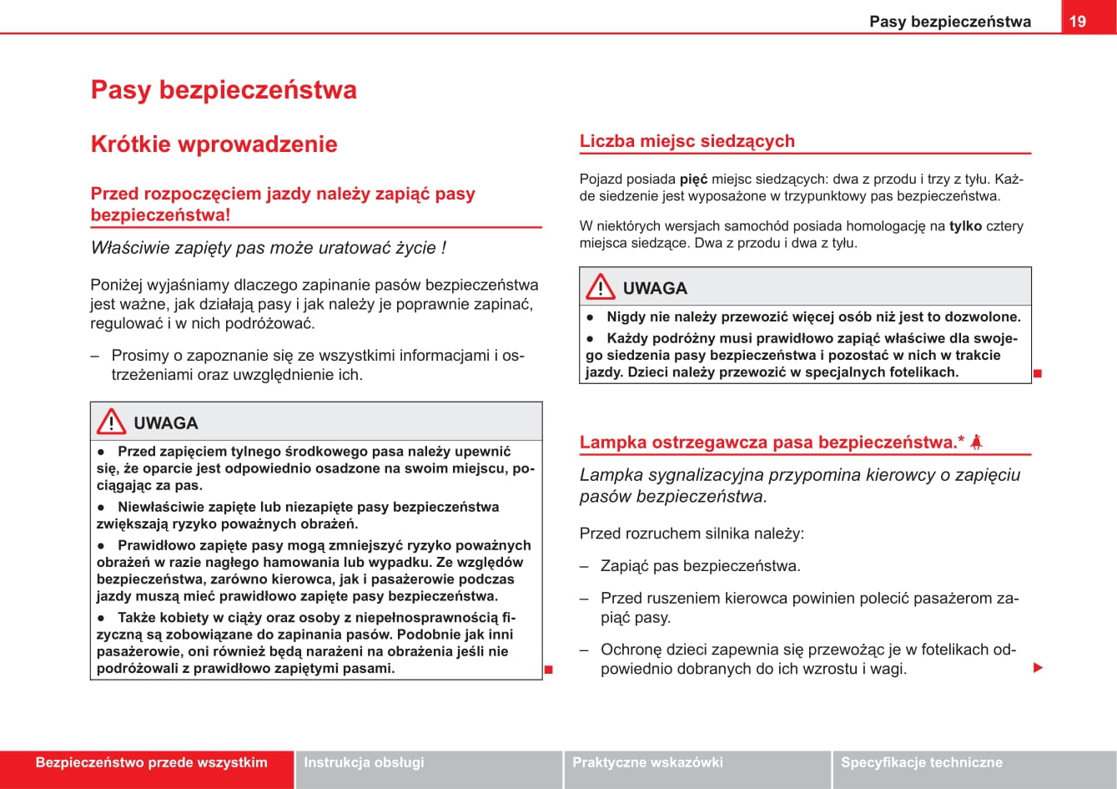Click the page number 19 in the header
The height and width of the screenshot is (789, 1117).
[1078, 21]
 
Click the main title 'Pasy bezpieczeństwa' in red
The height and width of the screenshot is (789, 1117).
[224, 90]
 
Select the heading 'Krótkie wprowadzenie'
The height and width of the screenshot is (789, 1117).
[214, 144]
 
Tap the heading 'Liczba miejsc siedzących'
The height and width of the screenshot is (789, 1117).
[687, 141]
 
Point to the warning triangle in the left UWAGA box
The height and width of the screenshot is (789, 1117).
[111, 422]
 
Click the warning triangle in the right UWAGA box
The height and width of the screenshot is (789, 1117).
[600, 288]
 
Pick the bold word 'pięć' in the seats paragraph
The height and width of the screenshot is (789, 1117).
[693, 179]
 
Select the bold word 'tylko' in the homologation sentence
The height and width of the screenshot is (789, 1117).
[965, 225]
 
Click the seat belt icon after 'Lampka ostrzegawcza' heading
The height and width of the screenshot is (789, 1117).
[976, 442]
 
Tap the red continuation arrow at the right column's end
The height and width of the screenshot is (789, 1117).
[1039, 668]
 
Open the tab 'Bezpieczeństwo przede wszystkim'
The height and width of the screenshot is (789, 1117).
[151, 762]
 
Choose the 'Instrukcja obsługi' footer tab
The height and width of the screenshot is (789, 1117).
[364, 762]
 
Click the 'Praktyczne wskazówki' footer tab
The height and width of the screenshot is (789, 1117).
[647, 762]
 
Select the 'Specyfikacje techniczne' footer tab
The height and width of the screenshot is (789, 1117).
[921, 762]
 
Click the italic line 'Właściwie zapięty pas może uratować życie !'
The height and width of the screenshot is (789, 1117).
[268, 248]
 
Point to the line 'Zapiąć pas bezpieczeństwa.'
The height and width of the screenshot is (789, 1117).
[700, 566]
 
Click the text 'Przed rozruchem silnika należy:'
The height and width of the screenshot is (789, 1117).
[692, 534]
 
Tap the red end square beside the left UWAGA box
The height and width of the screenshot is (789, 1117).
[549, 669]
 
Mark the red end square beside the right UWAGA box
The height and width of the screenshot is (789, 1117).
[1038, 373]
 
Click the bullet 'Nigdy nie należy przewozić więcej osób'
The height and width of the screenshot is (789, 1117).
[813, 317]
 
